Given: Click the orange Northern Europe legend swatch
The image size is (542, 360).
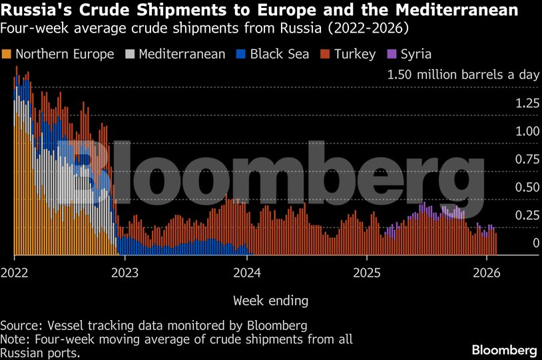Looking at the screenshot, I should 7,54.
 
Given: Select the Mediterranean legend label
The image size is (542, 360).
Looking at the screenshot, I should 182,54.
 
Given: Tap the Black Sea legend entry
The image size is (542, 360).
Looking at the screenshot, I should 280,54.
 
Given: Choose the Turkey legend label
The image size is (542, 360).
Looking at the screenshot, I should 354,54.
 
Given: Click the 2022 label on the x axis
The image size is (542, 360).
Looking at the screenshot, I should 15,273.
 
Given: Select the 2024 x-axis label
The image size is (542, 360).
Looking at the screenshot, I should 247,273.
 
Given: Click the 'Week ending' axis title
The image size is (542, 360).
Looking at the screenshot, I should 270,301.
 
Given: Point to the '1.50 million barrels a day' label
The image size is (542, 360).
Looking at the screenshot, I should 463,75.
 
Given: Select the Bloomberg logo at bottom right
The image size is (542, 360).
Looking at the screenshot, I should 504,349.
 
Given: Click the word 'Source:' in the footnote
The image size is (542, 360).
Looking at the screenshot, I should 21,325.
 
